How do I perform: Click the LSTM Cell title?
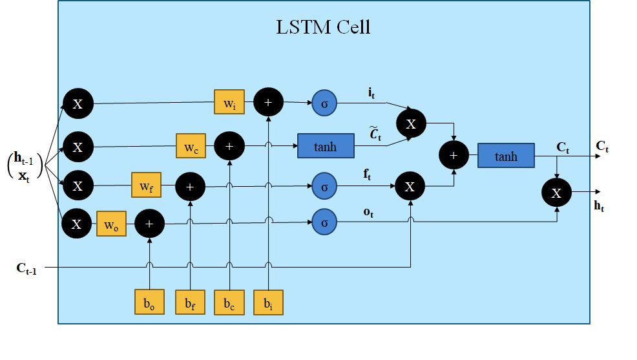pos(323,28)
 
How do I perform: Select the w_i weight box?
pos(229,102)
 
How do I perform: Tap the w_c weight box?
pos(191,147)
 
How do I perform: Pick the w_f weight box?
pos(145,186)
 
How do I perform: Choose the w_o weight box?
pos(110,224)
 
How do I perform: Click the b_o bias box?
pos(149,301)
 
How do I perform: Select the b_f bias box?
pos(190,301)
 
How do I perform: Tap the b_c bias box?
pos(229,301)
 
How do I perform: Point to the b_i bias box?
pos(268,301)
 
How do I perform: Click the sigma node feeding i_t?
pos(325,102)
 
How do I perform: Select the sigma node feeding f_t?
pos(325,186)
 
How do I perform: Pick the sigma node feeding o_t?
pos(325,223)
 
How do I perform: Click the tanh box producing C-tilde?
pos(326,147)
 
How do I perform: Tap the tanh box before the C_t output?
pos(506,156)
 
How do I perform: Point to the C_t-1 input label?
pos(26,268)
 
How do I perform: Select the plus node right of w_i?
pos(268,102)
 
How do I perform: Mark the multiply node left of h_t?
pos(556,192)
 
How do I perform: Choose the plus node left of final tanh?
pos(454,156)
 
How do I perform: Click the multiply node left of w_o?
pos(77,224)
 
